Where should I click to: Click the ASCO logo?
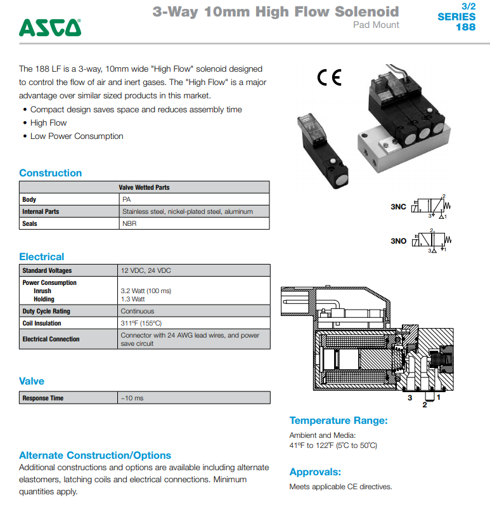pyautogui.click(x=50, y=27)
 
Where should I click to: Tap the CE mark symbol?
pyautogui.click(x=329, y=78)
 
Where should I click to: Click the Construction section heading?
pyautogui.click(x=50, y=173)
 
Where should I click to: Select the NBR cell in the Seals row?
pyautogui.click(x=129, y=223)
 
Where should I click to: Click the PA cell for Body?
pyautogui.click(x=127, y=199)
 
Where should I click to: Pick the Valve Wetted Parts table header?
pyautogui.click(x=144, y=187)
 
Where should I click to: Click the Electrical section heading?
pyautogui.click(x=41, y=257)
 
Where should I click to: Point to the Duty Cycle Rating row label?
pyautogui.click(x=46, y=312)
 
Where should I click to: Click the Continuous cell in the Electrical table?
pyautogui.click(x=138, y=312)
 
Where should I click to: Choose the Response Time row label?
pyautogui.click(x=42, y=398)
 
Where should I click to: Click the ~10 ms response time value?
pyautogui.click(x=132, y=398)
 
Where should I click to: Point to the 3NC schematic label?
pyautogui.click(x=398, y=207)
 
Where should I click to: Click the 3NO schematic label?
pyautogui.click(x=398, y=240)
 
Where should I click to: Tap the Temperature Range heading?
pyautogui.click(x=338, y=421)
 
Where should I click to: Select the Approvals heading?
pyautogui.click(x=315, y=472)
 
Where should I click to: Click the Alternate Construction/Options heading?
pyautogui.click(x=95, y=456)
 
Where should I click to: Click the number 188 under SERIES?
pyautogui.click(x=465, y=27)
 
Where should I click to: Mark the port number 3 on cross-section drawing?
pyautogui.click(x=409, y=398)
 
